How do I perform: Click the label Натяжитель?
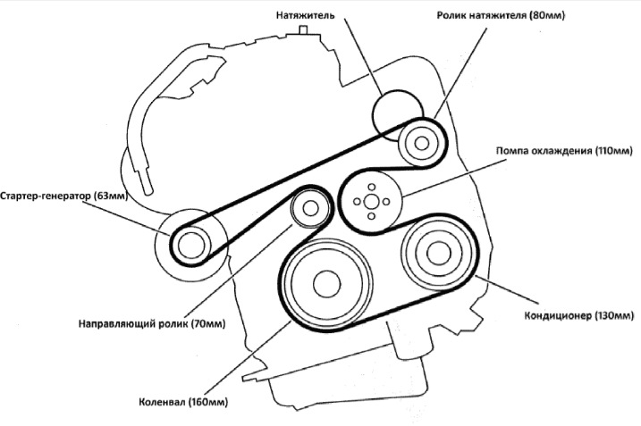tap(306, 15)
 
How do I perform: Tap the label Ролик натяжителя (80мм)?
tap(502, 15)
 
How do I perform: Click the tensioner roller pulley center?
tap(418, 141)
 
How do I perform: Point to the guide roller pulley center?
tap(309, 210)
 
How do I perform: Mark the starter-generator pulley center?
tap(190, 242)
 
